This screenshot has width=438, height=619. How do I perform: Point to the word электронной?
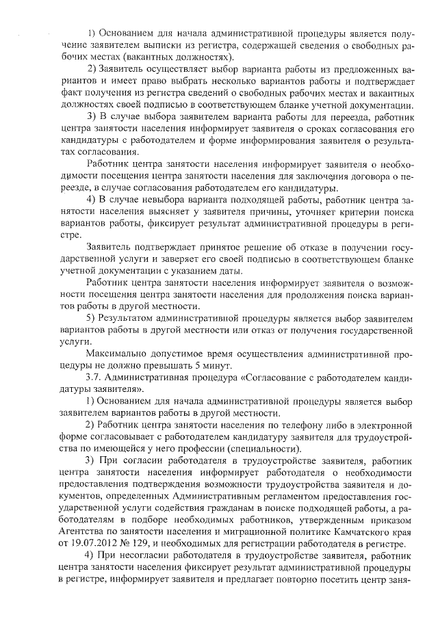381,425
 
